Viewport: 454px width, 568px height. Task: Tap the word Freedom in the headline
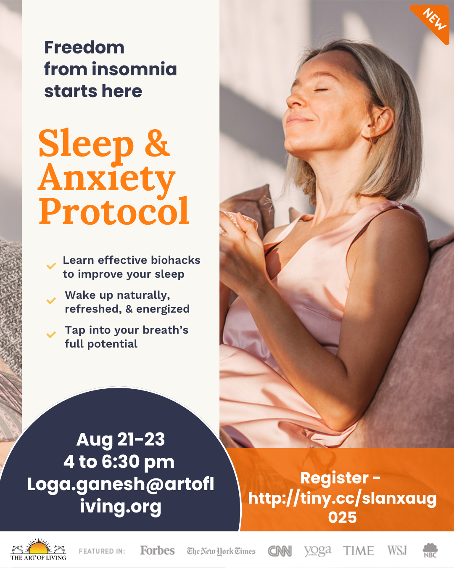tap(84, 48)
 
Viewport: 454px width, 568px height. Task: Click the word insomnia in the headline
tap(134, 69)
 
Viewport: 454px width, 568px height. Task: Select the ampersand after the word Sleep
tap(157, 143)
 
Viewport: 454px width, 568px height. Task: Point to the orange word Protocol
tap(114, 211)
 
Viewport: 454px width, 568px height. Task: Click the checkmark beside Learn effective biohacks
tap(51, 266)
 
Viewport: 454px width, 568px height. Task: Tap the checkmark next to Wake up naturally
tap(51, 301)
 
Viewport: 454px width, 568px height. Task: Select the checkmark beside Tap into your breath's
tap(51, 334)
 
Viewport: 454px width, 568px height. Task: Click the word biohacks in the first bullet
tap(175, 260)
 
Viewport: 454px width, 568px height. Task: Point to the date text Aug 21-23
tap(121, 439)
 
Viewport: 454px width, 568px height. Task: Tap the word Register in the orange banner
tap(334, 478)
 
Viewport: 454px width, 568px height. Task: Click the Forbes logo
tap(157, 550)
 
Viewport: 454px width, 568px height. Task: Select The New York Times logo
tap(221, 551)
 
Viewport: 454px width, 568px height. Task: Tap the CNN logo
tap(280, 551)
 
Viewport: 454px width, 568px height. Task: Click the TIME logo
tap(358, 551)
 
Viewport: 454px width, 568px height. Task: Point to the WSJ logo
tap(397, 550)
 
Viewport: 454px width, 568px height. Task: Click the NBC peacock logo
tap(430, 550)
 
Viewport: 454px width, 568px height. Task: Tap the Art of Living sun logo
tap(38, 549)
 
